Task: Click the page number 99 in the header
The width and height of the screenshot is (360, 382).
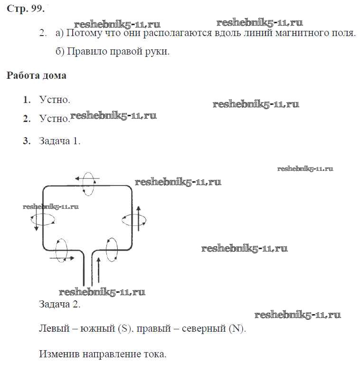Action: (37, 9)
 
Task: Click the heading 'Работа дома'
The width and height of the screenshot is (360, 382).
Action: (37, 75)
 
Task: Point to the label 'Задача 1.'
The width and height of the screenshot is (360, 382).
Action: (60, 141)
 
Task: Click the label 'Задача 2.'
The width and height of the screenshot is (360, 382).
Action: (60, 304)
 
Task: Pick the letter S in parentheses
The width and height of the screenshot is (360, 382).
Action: (124, 329)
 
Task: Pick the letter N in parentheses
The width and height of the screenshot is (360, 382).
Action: (236, 329)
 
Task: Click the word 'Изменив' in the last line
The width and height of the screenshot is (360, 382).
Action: (59, 354)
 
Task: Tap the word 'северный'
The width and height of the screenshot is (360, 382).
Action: (204, 329)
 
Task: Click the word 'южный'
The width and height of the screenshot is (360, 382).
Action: (97, 329)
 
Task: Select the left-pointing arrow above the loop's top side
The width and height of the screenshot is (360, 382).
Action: (87, 178)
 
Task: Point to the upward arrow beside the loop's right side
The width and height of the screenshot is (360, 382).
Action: (139, 219)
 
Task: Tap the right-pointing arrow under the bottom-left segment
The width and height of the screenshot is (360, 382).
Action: (62, 258)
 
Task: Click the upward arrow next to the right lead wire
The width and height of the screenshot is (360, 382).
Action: (98, 270)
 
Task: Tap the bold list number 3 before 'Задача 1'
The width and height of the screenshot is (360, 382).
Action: (27, 141)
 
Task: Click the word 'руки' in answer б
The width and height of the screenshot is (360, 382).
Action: (157, 52)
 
